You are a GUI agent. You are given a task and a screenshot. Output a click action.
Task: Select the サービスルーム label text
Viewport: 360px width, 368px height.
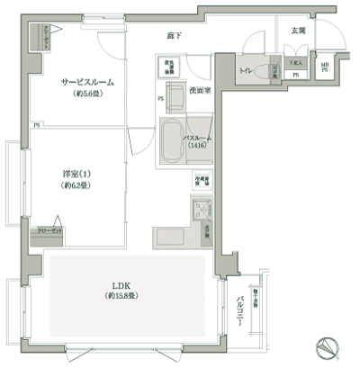coord(87,82)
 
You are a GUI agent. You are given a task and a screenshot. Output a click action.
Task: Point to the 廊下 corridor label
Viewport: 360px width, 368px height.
coord(175,35)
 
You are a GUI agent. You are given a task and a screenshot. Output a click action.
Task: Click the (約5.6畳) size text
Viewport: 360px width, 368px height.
coord(86,93)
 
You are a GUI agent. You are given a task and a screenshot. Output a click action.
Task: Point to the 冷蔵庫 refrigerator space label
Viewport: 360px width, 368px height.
coord(201,180)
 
